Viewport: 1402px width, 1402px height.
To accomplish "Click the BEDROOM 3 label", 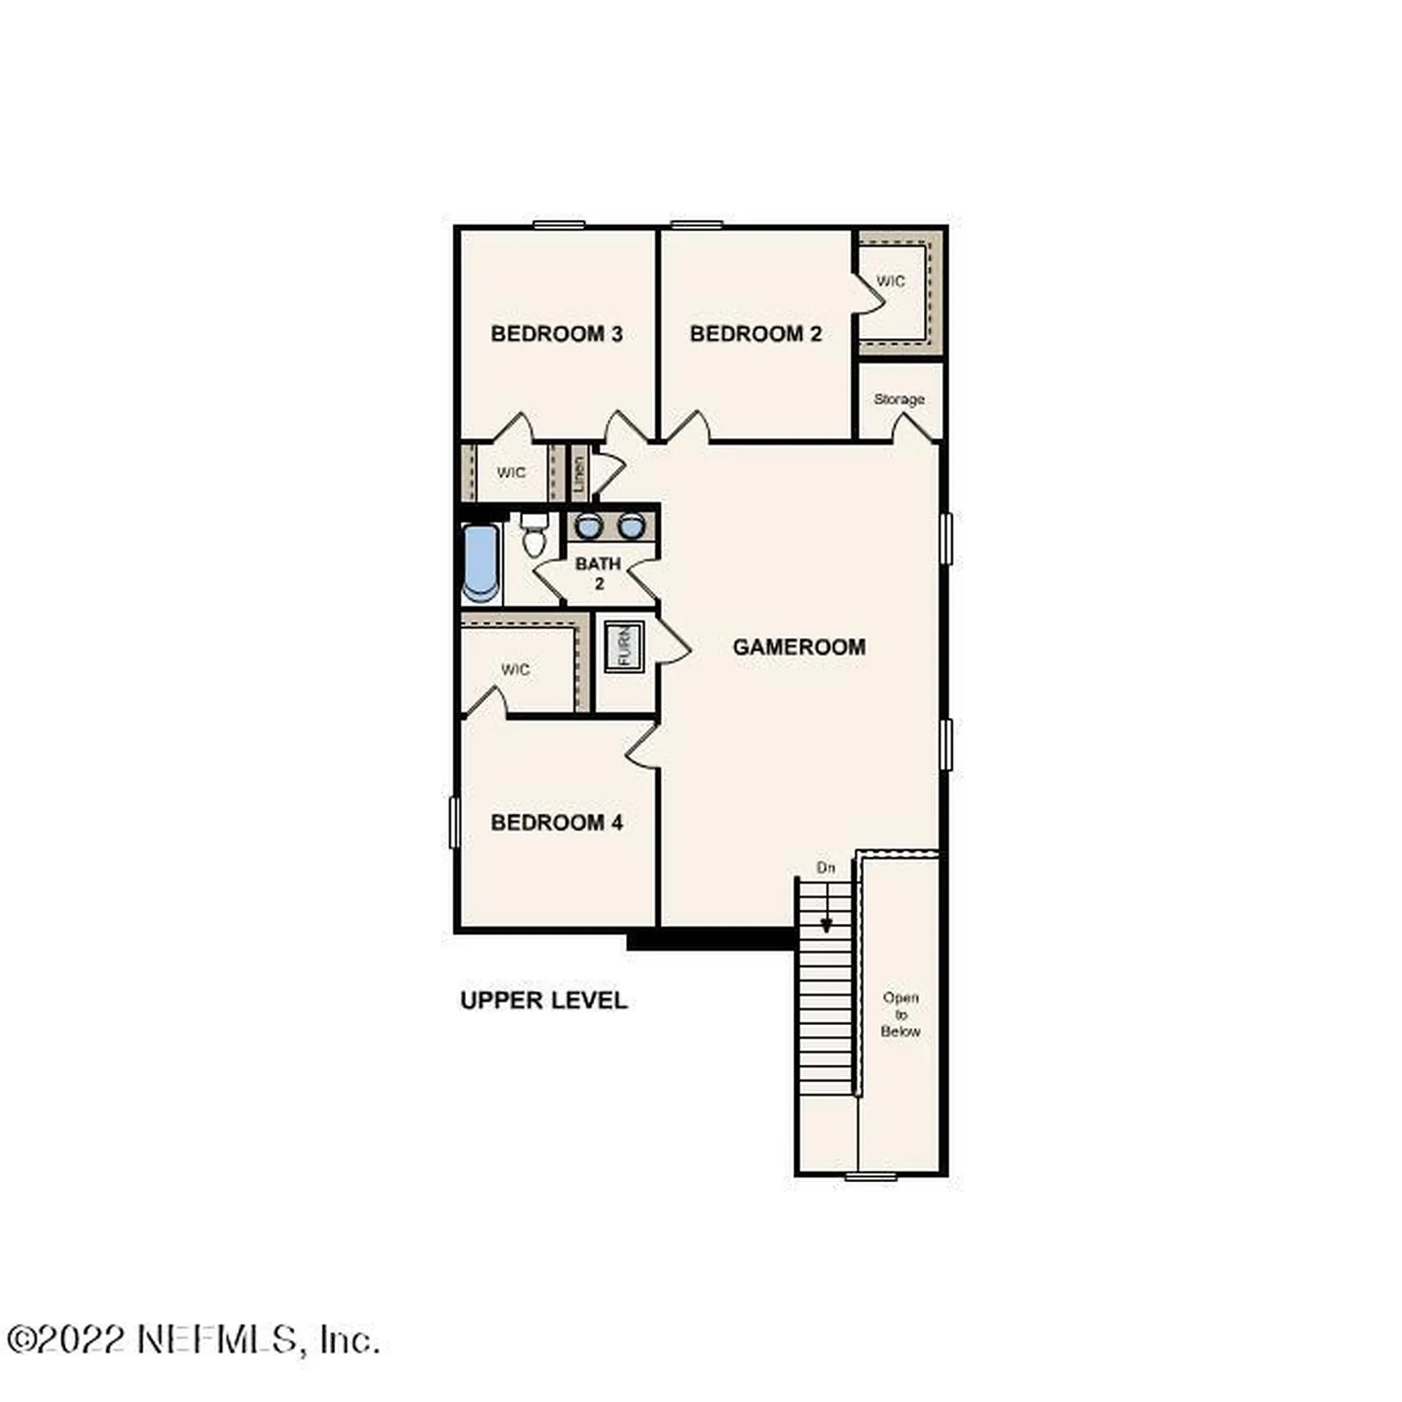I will click(556, 334).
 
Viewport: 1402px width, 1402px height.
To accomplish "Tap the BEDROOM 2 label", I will click(756, 334).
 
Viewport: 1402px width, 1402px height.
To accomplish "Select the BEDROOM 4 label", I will click(556, 822).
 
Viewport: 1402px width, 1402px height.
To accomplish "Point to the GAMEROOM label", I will click(799, 646).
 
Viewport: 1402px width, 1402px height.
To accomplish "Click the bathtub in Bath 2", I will click(481, 564).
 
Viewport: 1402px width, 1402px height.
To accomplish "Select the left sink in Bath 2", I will click(587, 526).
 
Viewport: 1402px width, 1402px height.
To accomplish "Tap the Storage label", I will click(899, 399).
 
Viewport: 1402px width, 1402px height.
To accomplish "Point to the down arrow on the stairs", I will click(826, 923).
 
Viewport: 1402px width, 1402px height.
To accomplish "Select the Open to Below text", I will click(900, 1014).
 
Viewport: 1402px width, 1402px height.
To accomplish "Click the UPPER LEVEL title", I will click(543, 1000).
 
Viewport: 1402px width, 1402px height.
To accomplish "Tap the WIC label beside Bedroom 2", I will click(890, 281).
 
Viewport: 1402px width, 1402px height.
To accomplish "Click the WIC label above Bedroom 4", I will click(515, 669).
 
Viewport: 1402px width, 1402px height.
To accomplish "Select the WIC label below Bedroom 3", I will click(510, 472).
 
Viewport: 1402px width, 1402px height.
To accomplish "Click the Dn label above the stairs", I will click(825, 867).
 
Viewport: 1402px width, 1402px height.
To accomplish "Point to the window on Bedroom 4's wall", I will click(454, 822).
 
